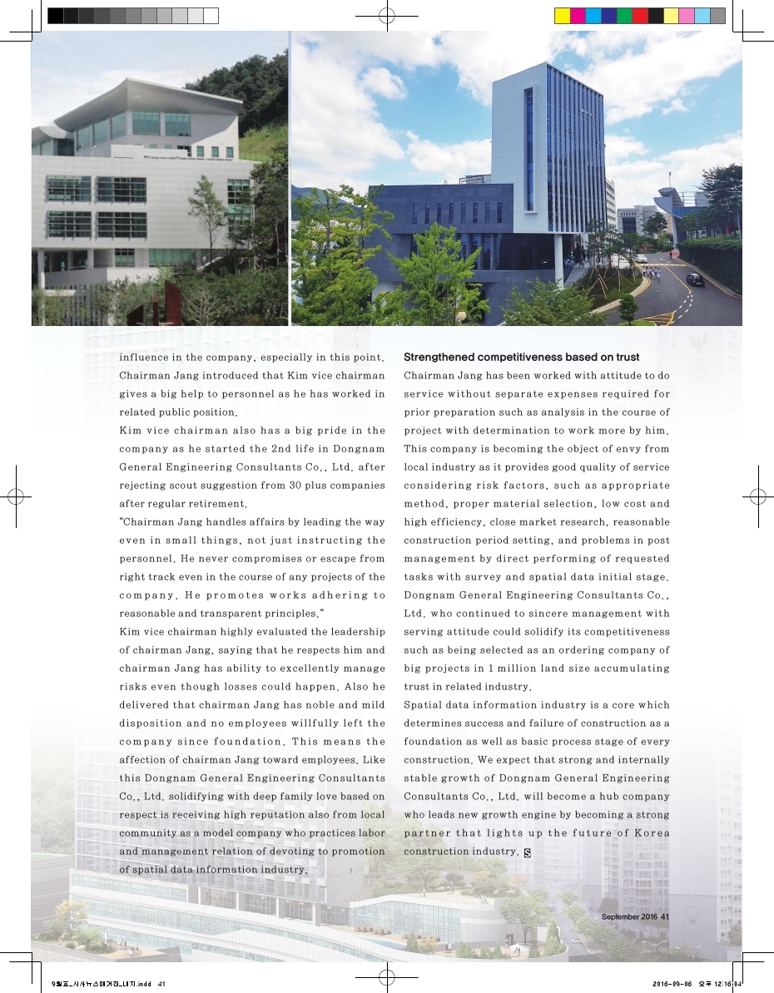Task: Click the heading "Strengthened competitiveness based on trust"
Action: point(521,357)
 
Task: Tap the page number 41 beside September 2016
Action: point(664,916)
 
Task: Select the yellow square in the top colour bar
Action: point(563,15)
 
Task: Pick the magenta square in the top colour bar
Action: point(578,15)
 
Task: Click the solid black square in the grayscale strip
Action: point(55,15)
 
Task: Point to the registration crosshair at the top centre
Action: point(385,15)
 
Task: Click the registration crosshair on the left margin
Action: point(15,496)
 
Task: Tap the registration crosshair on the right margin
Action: point(758,496)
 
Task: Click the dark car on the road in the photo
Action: point(694,279)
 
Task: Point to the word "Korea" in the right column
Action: point(651,832)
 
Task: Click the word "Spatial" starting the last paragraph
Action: point(423,704)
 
